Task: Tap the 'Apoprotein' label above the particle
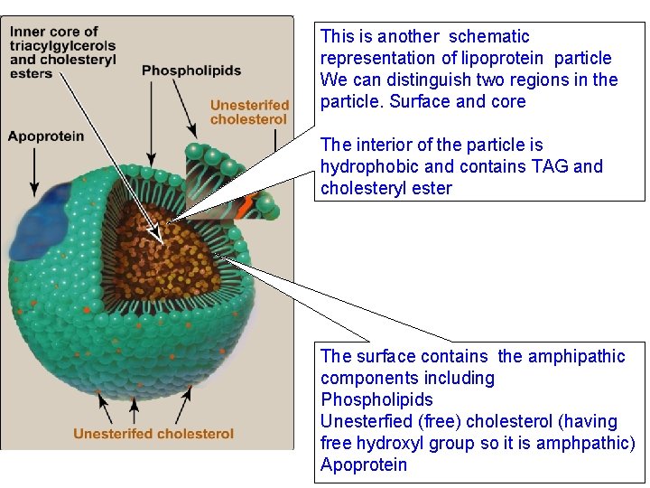46,136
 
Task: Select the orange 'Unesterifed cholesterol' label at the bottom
153,434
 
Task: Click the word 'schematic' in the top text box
488,37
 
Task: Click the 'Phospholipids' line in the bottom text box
376,399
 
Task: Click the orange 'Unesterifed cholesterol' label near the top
249,112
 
